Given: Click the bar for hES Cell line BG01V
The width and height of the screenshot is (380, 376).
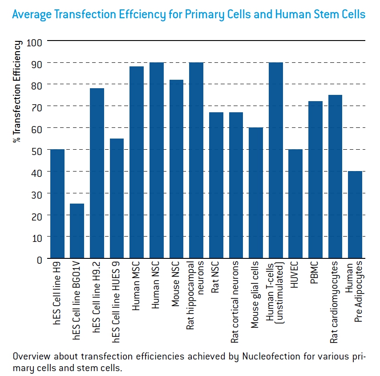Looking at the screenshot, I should [77, 231].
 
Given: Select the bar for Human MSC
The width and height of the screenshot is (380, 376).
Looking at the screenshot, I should [137, 163].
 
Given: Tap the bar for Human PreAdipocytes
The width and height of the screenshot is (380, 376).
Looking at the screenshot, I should [355, 215].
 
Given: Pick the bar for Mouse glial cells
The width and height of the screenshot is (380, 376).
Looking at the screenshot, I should [256, 193].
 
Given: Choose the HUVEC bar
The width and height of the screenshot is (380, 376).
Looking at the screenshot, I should [295, 204].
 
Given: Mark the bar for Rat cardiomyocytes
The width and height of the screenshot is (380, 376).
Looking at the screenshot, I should [336, 177].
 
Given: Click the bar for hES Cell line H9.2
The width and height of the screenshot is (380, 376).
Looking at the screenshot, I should [97, 173].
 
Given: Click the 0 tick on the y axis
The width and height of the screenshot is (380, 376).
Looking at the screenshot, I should [39, 259].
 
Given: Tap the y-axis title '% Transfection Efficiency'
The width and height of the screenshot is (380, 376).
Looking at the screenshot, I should [17, 91].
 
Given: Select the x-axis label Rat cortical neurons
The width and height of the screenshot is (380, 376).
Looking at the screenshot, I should [236, 302].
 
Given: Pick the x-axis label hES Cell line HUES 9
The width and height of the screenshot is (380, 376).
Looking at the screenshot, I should [117, 302].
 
